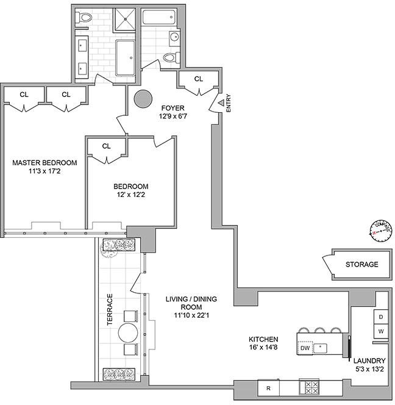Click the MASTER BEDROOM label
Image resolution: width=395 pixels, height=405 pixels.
coord(45,162)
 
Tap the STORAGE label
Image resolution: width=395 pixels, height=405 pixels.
coord(361,264)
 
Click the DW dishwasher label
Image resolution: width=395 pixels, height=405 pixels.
coord(305,348)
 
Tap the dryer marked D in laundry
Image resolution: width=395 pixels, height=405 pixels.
coord(381,317)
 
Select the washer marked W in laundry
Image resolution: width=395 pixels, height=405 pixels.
coord(381,331)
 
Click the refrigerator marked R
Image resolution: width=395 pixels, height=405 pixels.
coord(268,388)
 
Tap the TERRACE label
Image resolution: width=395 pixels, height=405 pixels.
coord(110,309)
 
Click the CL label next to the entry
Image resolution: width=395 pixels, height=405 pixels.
coord(198,79)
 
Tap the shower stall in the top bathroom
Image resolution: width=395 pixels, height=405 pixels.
coord(127,23)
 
